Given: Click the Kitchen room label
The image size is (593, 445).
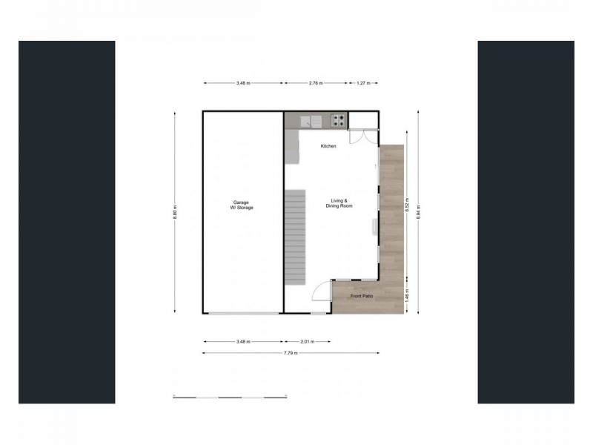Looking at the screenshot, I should click(328, 146).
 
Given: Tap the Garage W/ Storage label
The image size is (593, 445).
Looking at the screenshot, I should click(242, 205).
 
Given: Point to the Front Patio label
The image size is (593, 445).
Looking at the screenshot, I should click(362, 297).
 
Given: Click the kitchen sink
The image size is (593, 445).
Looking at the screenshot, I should click(311, 120).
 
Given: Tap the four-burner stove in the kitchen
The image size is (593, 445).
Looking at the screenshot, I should click(338, 120).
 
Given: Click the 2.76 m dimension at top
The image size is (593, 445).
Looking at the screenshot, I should click(315, 84).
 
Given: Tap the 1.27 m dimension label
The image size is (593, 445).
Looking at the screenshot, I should click(363, 84).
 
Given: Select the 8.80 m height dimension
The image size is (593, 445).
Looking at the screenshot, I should click(176, 211).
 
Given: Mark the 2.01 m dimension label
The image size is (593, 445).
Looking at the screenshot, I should click(307, 342).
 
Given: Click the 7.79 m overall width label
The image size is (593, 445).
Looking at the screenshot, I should click(290, 353).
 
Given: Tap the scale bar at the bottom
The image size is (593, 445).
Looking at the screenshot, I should click(230, 398).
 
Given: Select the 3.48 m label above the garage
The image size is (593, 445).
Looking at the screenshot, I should click(242, 84).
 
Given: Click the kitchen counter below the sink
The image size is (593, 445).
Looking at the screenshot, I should click(291, 148).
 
